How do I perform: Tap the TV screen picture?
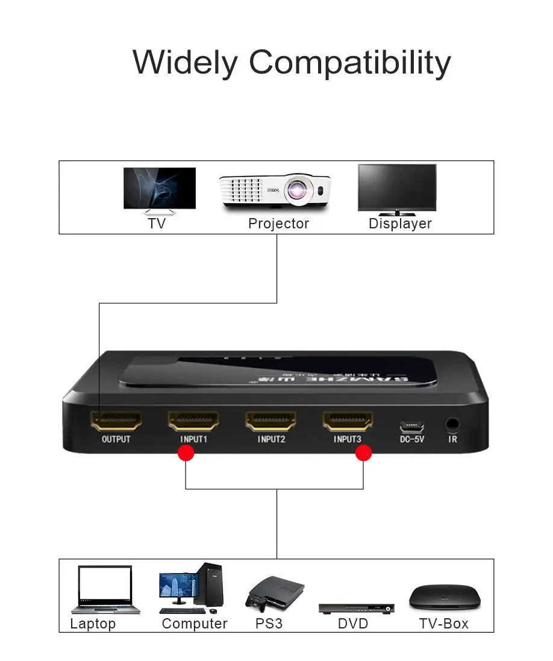tap(160, 188)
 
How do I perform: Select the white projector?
tap(275, 191)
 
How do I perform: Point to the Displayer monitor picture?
tap(396, 188)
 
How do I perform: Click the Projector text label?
tap(278, 224)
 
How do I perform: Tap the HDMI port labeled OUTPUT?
tap(116, 420)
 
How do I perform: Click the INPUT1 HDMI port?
tap(193, 420)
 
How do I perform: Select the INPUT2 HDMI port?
tap(270, 420)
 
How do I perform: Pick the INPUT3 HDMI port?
tap(348, 420)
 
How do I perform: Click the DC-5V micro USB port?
tap(412, 427)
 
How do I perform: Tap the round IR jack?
tap(452, 424)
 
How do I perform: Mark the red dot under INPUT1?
tap(186, 453)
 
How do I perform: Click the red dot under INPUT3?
tap(363, 453)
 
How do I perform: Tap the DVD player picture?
tap(357, 607)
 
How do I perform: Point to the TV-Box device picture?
tap(445, 598)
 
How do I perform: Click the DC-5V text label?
tap(412, 439)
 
